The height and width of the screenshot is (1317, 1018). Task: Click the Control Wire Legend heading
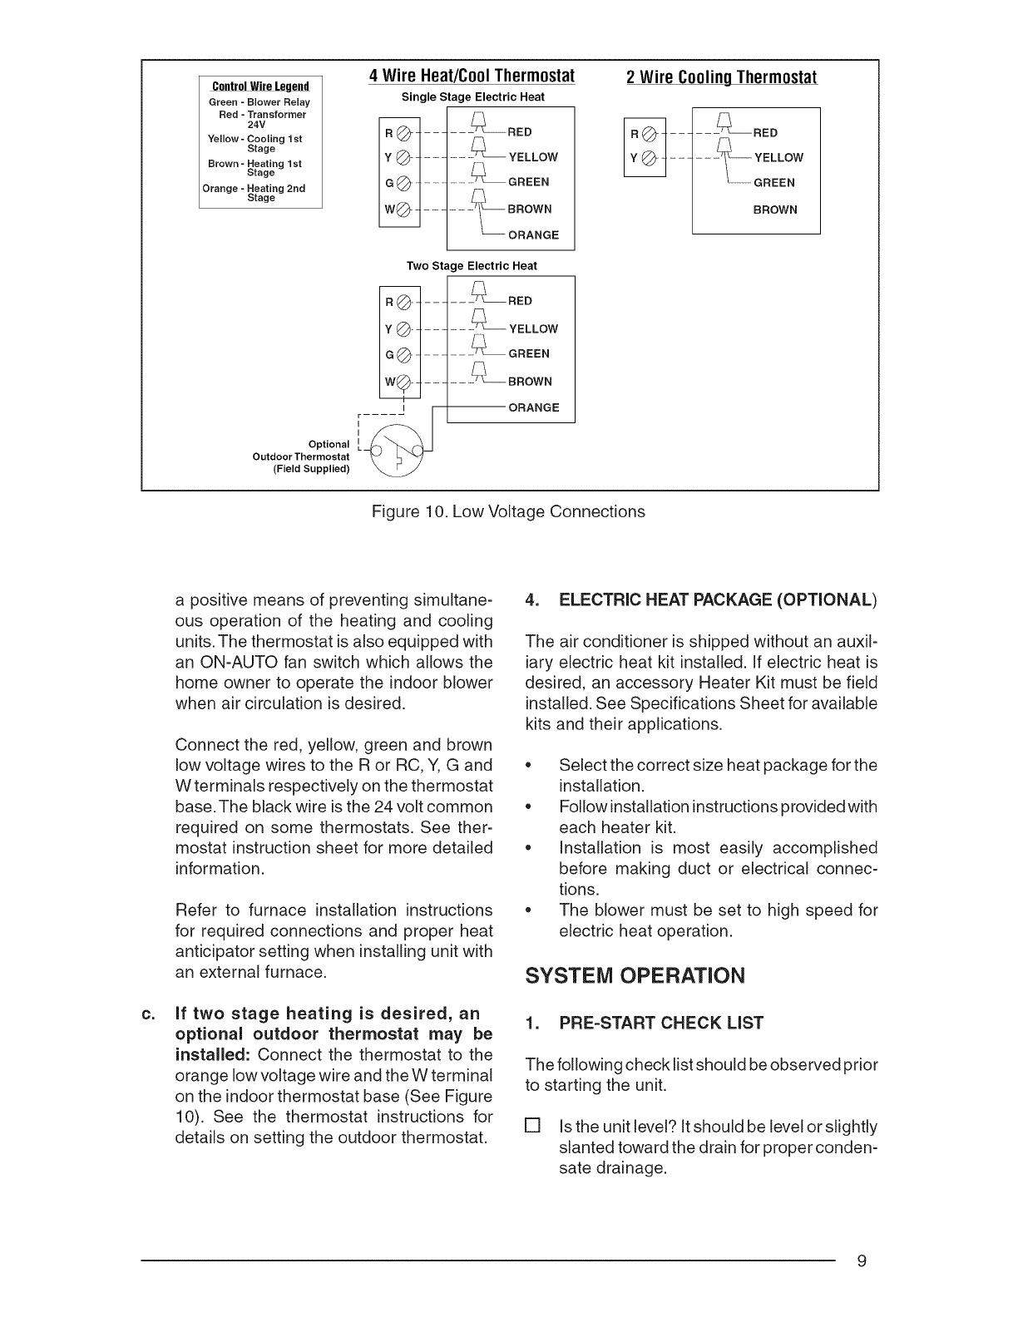260,86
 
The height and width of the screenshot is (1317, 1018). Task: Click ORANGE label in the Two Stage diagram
534,408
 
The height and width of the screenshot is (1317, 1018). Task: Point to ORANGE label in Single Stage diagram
533,235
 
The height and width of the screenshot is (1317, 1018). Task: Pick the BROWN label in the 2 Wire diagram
775,210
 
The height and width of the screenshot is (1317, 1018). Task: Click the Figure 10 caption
508,512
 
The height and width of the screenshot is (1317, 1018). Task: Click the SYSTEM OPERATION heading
635,975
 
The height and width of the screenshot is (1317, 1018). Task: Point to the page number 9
862,1262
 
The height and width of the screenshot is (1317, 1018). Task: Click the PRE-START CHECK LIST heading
645,1024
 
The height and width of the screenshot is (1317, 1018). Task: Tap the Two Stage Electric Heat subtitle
472,266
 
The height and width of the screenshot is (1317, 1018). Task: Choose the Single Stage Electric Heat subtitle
473,97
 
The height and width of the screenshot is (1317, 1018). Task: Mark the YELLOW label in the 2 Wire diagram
778,158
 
